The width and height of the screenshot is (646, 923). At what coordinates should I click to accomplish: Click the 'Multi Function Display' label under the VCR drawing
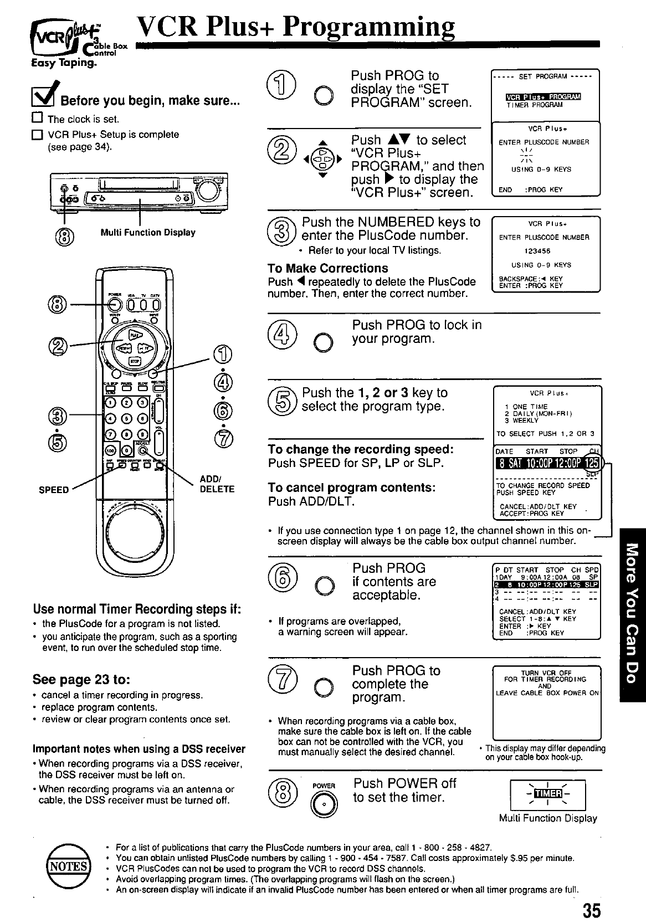pyautogui.click(x=148, y=233)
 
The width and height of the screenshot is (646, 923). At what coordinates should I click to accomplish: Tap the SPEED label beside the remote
pyautogui.click(x=54, y=490)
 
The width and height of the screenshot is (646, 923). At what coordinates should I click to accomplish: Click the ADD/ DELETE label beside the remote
pyautogui.click(x=217, y=484)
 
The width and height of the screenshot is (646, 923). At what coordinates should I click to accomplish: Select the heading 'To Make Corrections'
pyautogui.click(x=327, y=268)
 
